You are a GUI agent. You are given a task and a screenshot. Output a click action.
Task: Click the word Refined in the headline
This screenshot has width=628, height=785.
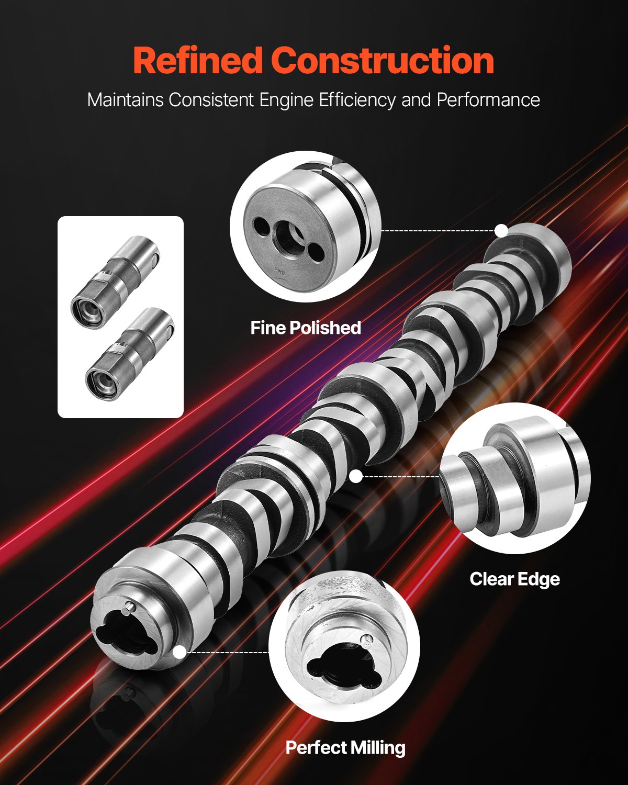[197, 61]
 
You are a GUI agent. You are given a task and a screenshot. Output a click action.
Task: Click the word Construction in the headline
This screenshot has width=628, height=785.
[383, 61]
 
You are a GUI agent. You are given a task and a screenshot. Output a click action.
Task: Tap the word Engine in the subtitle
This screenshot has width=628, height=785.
[287, 99]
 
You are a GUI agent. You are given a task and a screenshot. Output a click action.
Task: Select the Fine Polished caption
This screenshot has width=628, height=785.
[306, 328]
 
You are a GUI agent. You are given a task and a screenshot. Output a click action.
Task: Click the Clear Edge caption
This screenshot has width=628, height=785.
[514, 579]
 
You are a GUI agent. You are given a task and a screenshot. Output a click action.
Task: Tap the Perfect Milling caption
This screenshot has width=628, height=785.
[345, 748]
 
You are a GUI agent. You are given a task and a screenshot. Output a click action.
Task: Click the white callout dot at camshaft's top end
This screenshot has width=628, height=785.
[501, 230]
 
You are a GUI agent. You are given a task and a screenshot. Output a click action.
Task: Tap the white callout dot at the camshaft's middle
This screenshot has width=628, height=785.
[356, 476]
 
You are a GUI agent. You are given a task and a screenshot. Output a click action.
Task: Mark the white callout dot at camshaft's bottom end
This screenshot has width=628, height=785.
[180, 652]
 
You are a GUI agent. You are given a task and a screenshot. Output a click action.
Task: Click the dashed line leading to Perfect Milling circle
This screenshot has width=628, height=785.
[228, 653]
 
